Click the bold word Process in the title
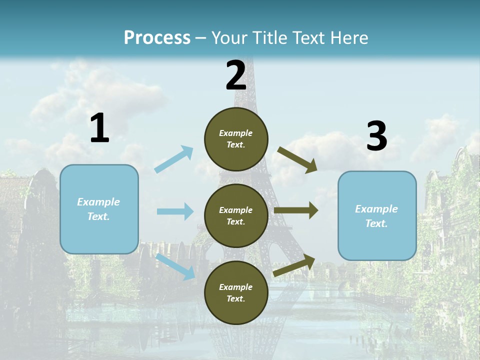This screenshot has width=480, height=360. [x=157, y=38]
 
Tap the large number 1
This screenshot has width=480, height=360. [x=99, y=128]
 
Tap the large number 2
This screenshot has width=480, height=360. [x=236, y=75]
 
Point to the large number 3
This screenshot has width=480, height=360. [x=376, y=136]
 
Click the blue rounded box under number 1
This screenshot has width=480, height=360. [x=99, y=209]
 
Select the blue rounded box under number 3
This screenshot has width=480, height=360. [x=377, y=215]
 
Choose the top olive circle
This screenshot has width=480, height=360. [x=236, y=138]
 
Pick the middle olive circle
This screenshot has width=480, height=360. [x=236, y=215]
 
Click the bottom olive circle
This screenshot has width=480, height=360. [x=236, y=292]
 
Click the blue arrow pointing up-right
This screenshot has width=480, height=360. [x=174, y=159]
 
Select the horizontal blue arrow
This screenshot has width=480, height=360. [x=175, y=211]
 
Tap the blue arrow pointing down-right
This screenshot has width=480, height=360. [x=175, y=266]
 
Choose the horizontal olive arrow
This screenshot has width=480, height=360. [x=296, y=210]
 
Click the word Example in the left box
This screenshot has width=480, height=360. [x=98, y=202]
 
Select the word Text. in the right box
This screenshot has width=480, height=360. [x=376, y=223]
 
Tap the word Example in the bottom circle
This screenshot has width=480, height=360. [x=236, y=287]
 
